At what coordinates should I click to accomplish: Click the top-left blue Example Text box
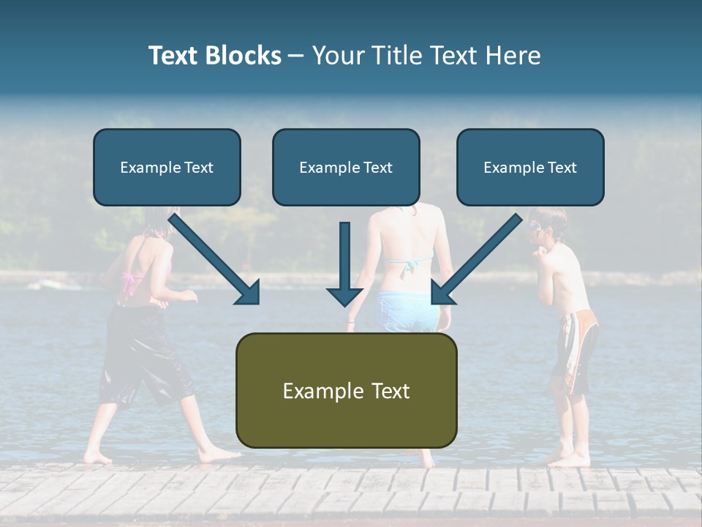point(167,168)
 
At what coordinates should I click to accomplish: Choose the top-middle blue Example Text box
point(346,168)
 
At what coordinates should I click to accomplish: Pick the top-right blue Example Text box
point(530,168)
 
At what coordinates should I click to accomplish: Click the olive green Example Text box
point(346,391)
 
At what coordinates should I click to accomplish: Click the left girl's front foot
point(219,455)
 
